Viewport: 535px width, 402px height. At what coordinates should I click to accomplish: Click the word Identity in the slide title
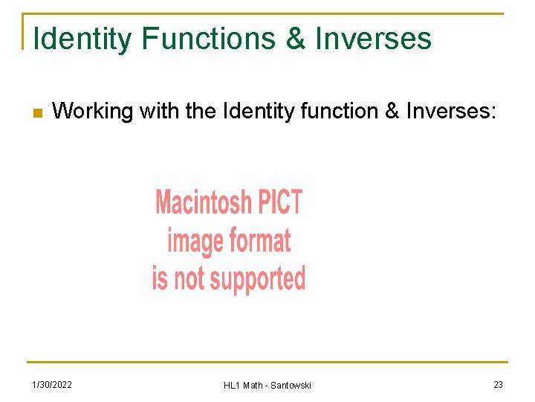pos(82,39)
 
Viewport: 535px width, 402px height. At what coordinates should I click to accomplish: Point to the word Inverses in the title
pos(374,39)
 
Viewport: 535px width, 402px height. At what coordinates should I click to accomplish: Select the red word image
pos(195,240)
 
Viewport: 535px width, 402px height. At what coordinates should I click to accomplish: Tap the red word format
pos(259,240)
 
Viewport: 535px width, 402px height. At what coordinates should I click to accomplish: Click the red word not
pos(189,278)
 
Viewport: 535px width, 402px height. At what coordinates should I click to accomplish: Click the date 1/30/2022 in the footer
pos(51,384)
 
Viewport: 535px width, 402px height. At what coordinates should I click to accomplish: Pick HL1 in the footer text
pos(232,385)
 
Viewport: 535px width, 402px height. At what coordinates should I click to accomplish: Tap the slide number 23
pos(498,384)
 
